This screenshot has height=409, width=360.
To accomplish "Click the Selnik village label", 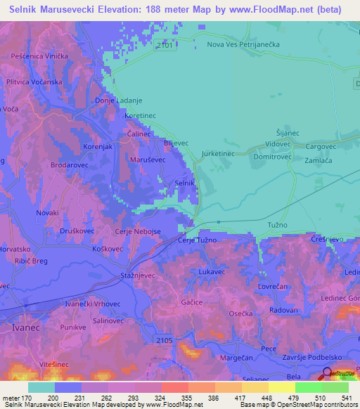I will pyautogui.click(x=184, y=183).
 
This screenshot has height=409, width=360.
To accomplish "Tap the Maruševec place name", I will pyautogui.click(x=148, y=160).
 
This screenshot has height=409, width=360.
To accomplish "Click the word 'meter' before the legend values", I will pyautogui.click(x=13, y=398).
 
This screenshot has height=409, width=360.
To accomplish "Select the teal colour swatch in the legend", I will pyautogui.click(x=41, y=387).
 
